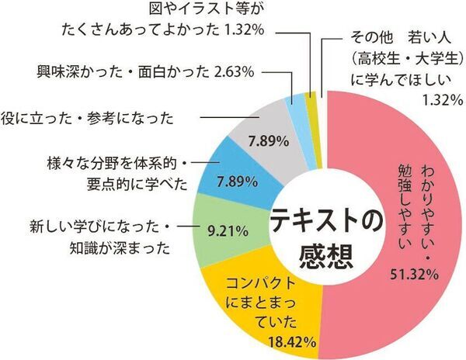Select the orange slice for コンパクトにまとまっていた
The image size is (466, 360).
[264, 310]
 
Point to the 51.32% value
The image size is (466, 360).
[412, 275]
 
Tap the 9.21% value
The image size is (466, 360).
[228, 230]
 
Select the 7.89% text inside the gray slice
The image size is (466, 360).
[268, 142]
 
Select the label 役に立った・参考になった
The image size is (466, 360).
[86, 119]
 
